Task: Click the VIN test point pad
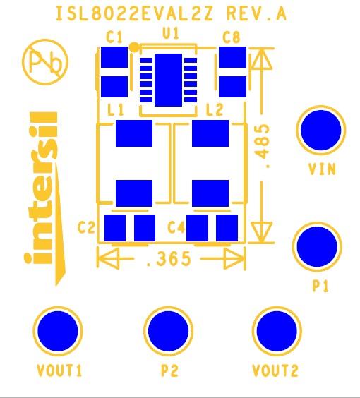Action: click(322, 131)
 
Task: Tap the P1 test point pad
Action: click(316, 247)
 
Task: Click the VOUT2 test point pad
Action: click(277, 330)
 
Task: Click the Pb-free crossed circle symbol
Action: click(46, 62)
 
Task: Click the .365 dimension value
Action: click(168, 259)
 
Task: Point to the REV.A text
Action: click(257, 14)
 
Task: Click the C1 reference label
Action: click(114, 37)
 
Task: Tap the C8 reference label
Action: click(231, 37)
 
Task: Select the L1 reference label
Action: click(116, 111)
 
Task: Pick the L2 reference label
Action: click(214, 110)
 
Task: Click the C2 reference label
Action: click(86, 227)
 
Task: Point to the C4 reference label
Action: click(176, 227)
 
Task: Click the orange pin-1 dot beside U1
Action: click(133, 47)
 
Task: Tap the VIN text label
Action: click(322, 169)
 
